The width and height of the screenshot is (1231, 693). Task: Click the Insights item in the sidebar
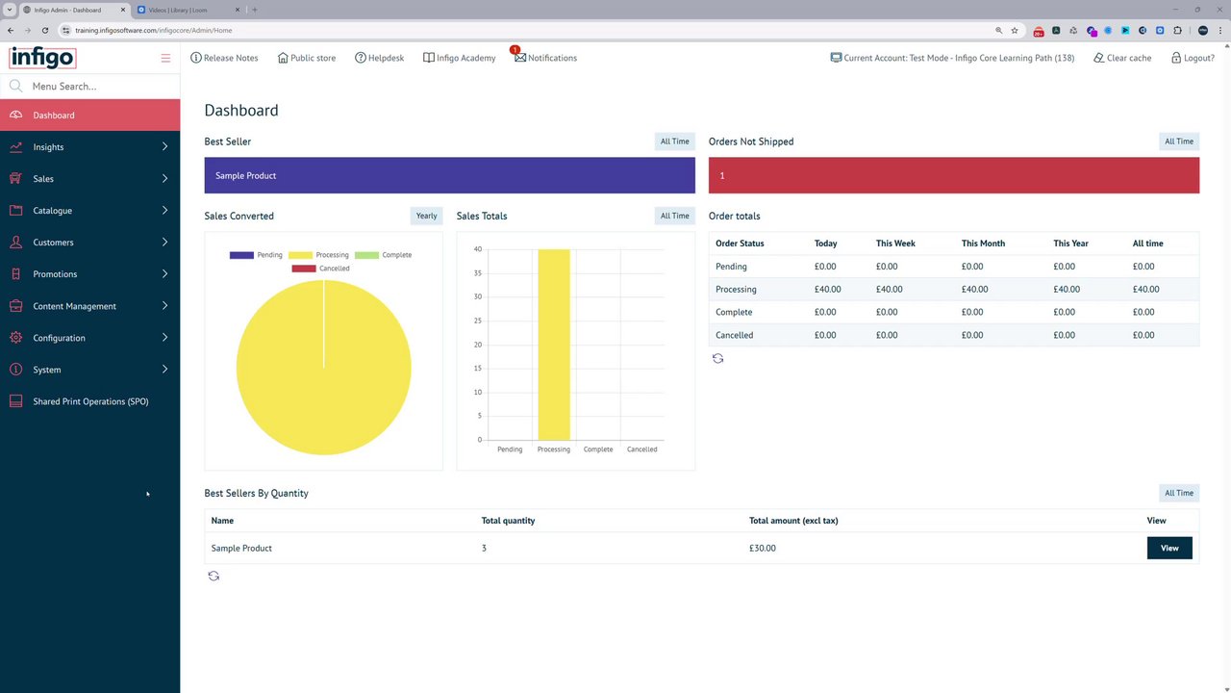tap(48, 147)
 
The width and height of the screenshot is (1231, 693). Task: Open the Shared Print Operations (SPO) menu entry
tap(90, 401)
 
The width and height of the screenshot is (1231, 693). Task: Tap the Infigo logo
tap(42, 58)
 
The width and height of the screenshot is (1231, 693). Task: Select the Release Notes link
tap(225, 58)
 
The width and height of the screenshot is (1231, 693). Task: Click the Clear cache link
tap(1122, 58)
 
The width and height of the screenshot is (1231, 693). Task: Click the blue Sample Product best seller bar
tap(449, 175)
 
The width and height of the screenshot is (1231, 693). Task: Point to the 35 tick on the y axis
tap(478, 273)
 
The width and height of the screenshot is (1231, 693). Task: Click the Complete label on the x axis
tap(598, 449)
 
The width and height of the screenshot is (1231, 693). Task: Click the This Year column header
tap(1070, 244)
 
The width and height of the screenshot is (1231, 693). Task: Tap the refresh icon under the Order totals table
tap(717, 358)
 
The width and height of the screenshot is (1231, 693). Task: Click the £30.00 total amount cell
tap(763, 548)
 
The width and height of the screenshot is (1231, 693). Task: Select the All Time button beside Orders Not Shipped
tap(1179, 141)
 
